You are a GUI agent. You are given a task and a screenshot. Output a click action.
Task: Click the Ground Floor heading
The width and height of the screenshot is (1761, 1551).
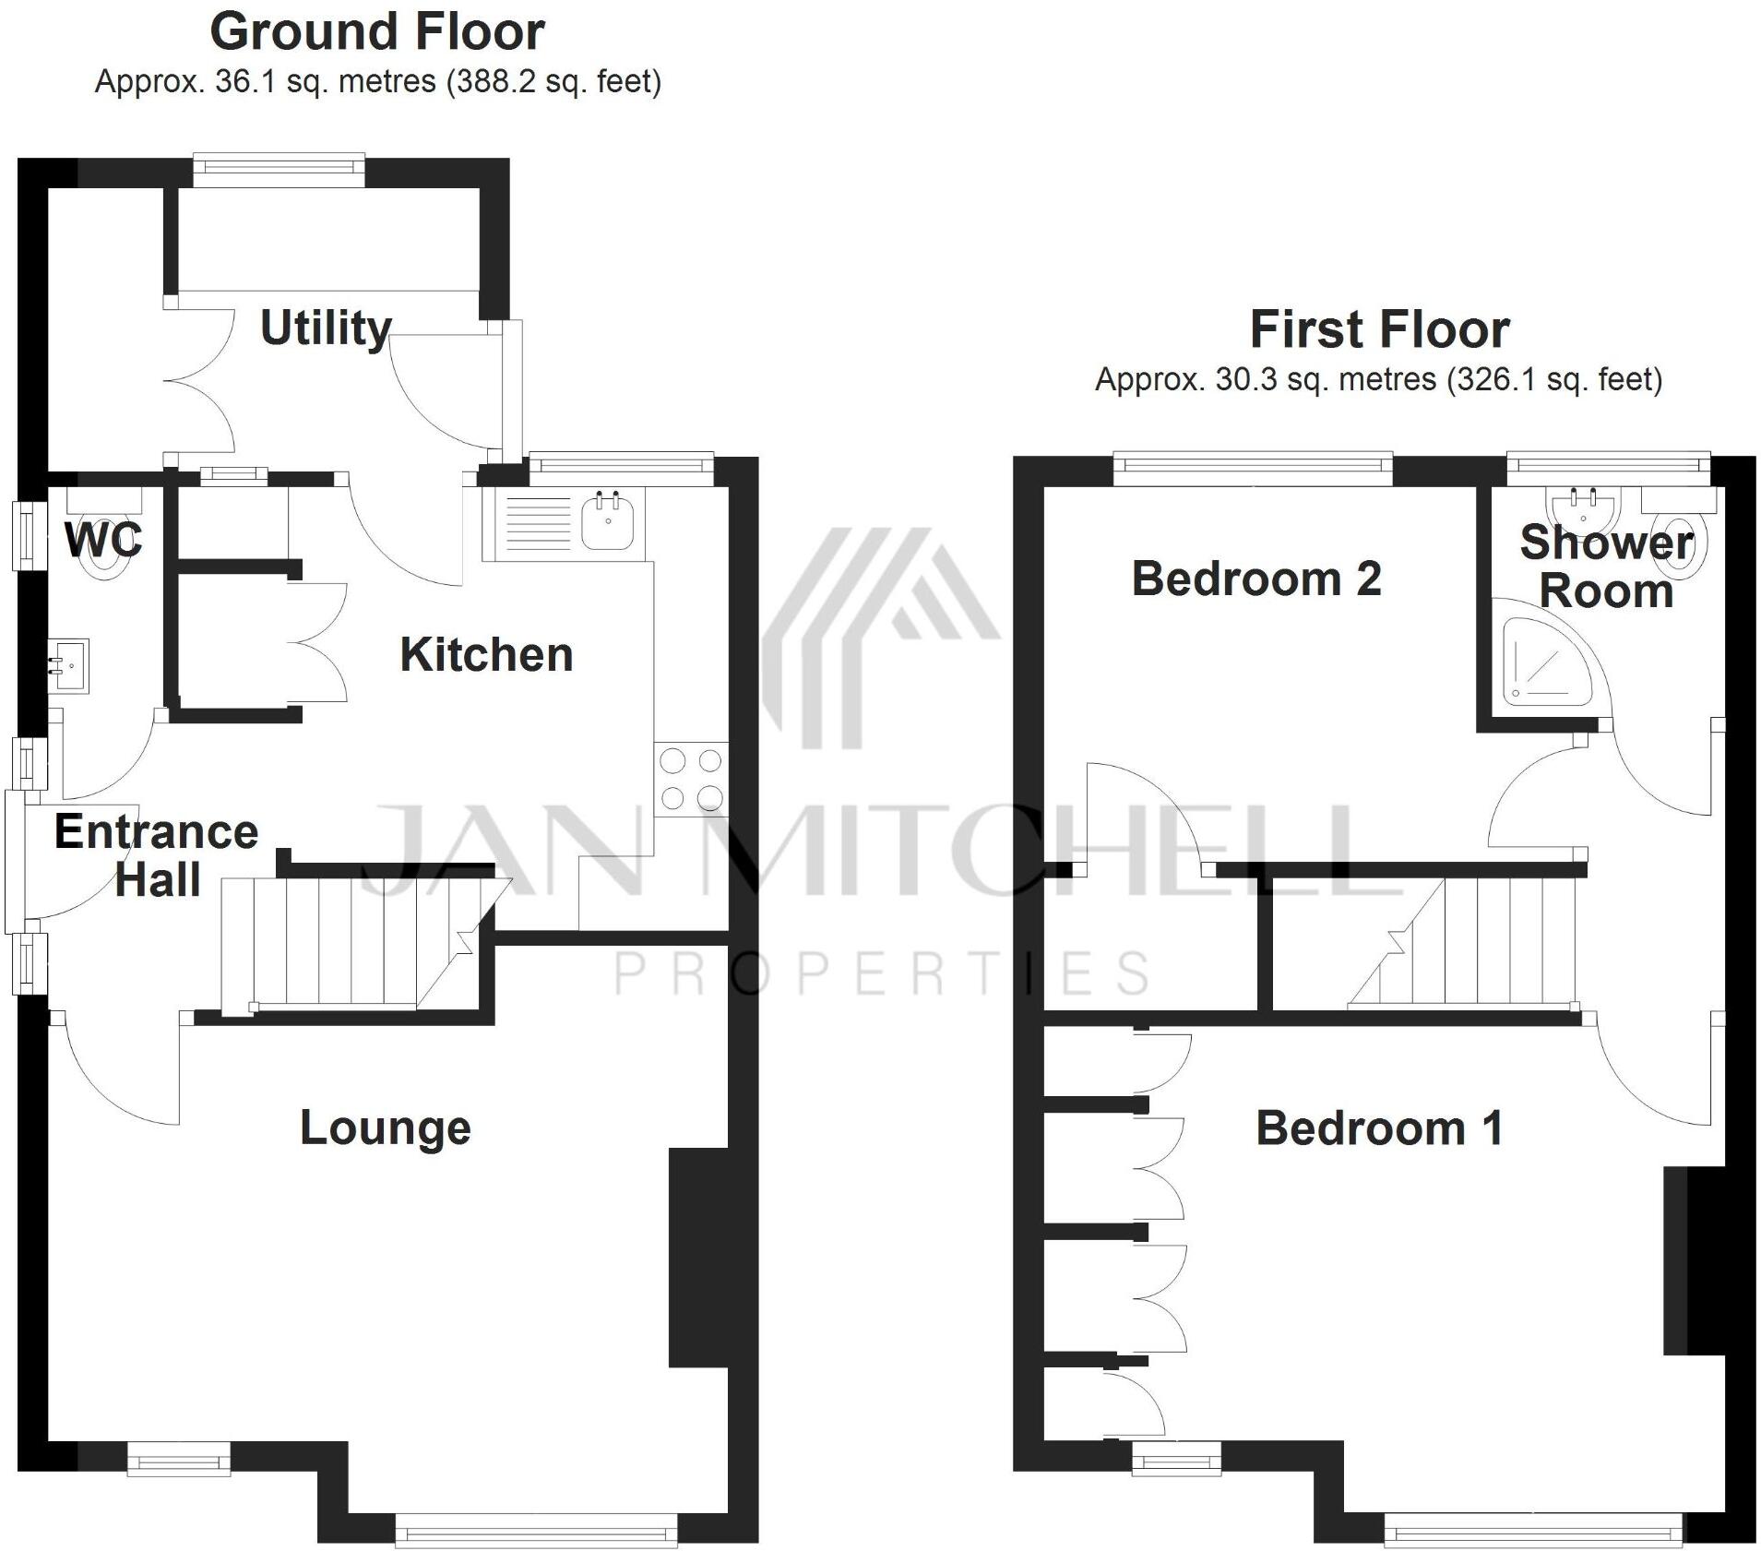pos(376,32)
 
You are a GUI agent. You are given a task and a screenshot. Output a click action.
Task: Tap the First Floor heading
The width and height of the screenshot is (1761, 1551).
pos(1379,329)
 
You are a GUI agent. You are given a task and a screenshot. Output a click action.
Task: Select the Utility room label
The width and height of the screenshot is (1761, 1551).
pos(326,328)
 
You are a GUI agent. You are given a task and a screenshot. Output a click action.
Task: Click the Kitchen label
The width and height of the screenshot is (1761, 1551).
pos(486,655)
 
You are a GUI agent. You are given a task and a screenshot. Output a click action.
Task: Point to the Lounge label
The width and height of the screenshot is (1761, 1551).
pos(386,1127)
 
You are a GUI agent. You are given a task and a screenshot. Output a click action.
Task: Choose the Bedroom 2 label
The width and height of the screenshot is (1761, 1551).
pos(1256,579)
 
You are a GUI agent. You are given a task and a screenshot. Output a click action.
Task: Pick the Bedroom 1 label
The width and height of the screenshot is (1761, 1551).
pos(1379,1128)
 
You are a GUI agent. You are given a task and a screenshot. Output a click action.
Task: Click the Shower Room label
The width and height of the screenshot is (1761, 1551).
pos(1606,567)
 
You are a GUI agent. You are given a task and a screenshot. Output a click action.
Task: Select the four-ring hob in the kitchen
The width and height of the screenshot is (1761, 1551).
pos(691,779)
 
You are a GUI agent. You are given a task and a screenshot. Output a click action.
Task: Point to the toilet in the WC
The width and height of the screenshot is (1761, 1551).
pos(103,544)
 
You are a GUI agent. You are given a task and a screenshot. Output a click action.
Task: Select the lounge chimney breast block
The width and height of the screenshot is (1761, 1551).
pos(698,1257)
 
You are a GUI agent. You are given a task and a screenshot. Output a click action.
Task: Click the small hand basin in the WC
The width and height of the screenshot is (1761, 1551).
pos(68,664)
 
